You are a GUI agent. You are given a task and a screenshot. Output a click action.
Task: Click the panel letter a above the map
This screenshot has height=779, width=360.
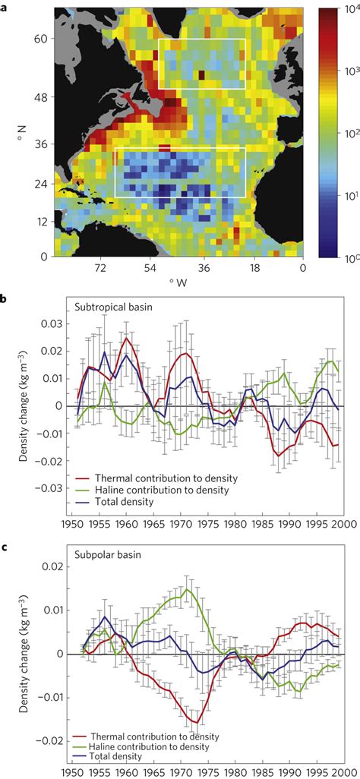[x=5, y=5]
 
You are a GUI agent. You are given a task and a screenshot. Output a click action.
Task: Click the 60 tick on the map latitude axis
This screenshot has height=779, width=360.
[x=40, y=39]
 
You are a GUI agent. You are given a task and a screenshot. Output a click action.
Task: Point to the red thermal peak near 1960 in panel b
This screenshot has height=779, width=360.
[x=126, y=339]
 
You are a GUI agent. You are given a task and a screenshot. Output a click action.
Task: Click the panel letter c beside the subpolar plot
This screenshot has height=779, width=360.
[x=5, y=538]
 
